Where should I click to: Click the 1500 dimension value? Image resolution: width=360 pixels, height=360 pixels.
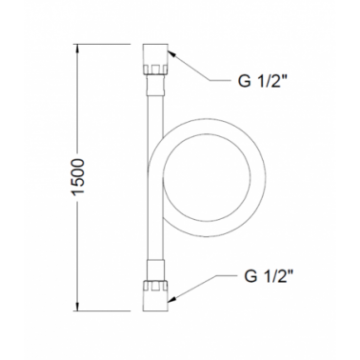tap(79, 176)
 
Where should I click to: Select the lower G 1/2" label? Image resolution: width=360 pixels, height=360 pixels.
tap(268, 276)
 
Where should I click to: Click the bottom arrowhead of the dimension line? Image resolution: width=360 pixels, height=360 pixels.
tap(77, 307)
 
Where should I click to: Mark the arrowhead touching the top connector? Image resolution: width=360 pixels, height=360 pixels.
tap(171, 54)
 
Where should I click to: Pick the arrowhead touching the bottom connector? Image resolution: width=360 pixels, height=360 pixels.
tap(171, 298)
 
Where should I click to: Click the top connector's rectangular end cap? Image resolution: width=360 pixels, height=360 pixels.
tap(155, 54)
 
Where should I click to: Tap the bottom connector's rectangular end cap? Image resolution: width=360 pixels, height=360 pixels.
tap(155, 301)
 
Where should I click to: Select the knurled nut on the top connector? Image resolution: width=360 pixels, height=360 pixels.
tap(155, 70)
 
